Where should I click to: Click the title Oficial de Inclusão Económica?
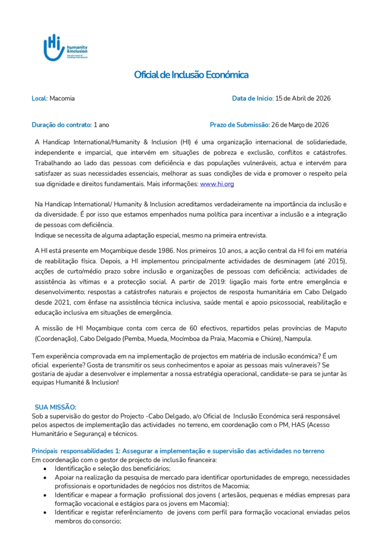(x=191, y=75)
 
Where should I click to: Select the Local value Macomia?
(x=62, y=99)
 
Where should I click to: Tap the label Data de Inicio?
(x=252, y=99)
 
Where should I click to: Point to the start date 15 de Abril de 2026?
(x=303, y=99)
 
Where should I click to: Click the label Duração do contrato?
(x=61, y=125)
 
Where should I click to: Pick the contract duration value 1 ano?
(x=101, y=125)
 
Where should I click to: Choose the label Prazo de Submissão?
(x=239, y=125)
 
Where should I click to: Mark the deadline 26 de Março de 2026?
(x=300, y=125)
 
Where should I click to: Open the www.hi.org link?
(x=217, y=184)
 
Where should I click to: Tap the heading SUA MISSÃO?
(x=55, y=407)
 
